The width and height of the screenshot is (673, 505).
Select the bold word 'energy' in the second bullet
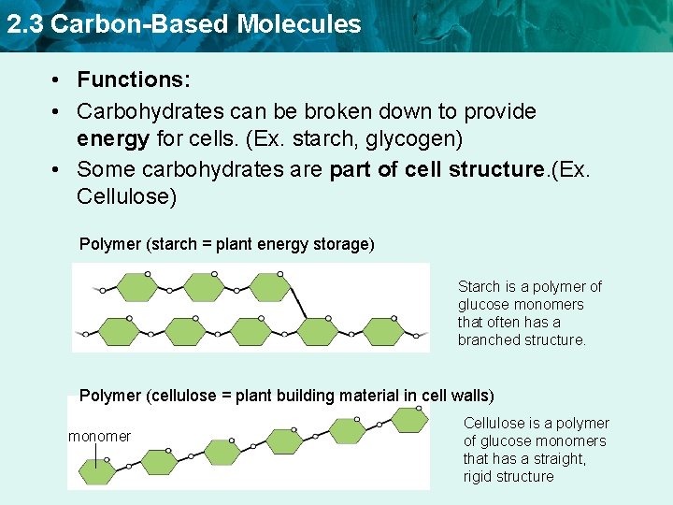tap(112, 139)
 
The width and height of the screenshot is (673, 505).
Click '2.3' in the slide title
tap(24, 23)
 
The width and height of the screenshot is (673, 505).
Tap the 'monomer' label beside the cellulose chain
tap(100, 436)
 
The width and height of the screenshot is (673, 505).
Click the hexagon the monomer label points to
tap(96, 472)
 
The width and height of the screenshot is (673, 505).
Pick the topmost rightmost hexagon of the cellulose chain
tap(409, 419)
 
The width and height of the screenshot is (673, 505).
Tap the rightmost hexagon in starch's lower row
tap(383, 332)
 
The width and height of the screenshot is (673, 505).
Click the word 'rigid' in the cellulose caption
tap(479, 476)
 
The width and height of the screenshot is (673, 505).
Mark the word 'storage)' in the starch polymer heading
tap(346, 244)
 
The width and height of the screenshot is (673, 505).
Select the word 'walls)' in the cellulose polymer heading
tap(472, 396)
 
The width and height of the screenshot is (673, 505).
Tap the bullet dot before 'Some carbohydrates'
tap(57, 169)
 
